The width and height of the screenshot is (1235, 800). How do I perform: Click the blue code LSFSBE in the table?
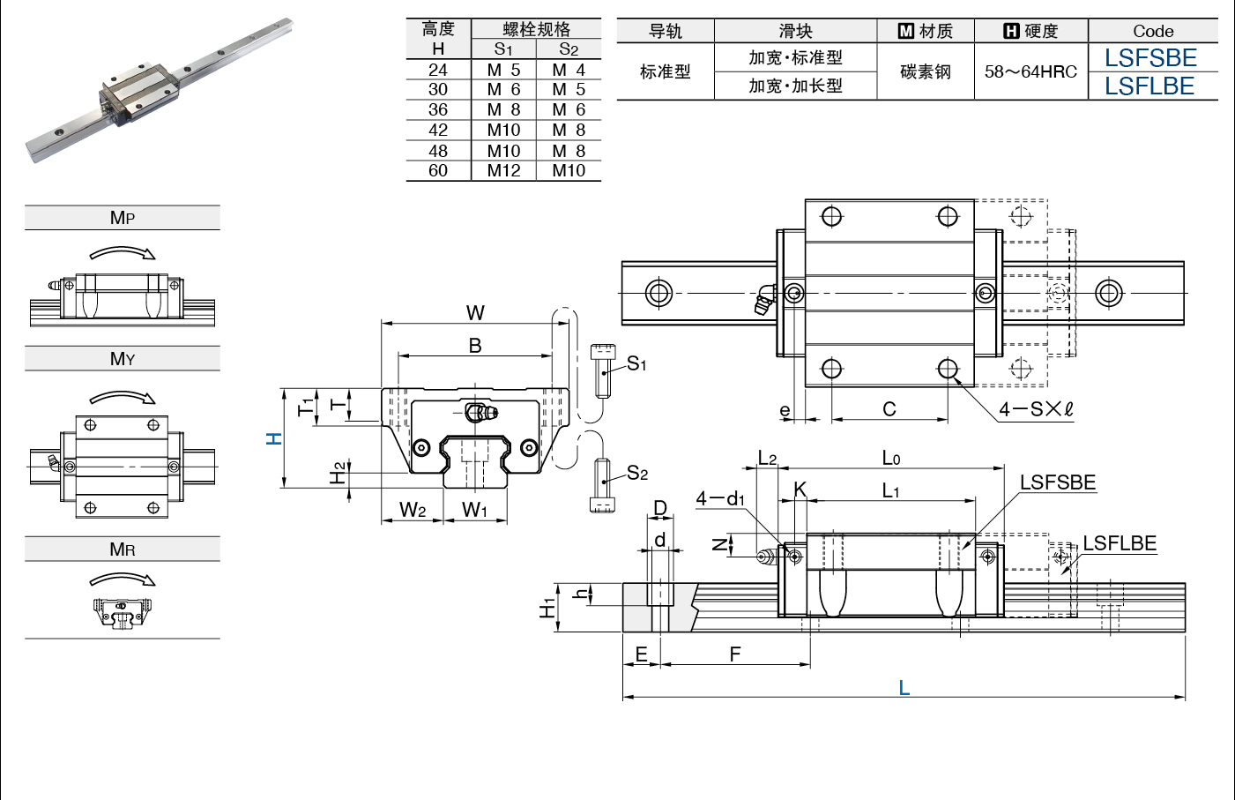(x=1150, y=58)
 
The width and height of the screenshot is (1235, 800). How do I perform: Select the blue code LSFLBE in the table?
(x=1149, y=86)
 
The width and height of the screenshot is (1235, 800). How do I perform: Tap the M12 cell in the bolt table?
(x=503, y=171)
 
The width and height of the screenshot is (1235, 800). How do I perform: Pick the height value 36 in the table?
(x=438, y=109)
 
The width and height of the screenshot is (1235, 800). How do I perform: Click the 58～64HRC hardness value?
(x=1030, y=71)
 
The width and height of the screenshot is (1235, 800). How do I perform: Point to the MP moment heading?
(x=123, y=218)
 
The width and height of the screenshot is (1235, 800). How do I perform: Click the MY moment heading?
(x=123, y=359)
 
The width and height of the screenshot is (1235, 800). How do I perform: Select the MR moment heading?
(x=123, y=550)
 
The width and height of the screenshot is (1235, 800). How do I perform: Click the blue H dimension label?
(x=274, y=438)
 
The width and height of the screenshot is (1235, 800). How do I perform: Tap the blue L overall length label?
(x=904, y=688)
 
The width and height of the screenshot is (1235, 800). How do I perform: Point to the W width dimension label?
(x=475, y=313)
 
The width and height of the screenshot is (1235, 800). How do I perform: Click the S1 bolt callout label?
(x=636, y=363)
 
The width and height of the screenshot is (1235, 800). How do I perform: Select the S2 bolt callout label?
(x=637, y=473)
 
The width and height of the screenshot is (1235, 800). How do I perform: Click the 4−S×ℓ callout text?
(x=1037, y=409)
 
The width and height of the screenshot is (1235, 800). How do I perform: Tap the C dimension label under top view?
(x=889, y=409)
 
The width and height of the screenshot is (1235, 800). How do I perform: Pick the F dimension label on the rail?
(x=735, y=654)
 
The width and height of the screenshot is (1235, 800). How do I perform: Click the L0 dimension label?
(x=891, y=458)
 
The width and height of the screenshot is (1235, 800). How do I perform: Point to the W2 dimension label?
(x=413, y=509)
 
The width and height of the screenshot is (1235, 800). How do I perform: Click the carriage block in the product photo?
(x=139, y=93)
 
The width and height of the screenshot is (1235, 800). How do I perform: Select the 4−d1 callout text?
(x=720, y=498)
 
